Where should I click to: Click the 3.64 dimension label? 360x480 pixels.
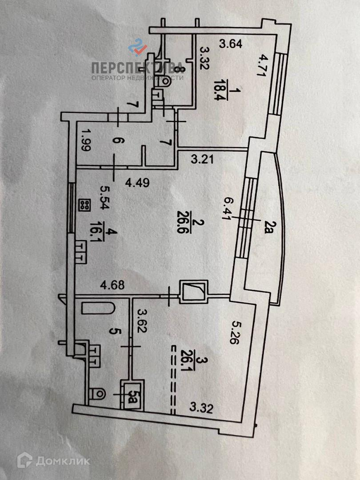[x=231, y=44]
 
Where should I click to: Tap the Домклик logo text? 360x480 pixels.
[x=62, y=461]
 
